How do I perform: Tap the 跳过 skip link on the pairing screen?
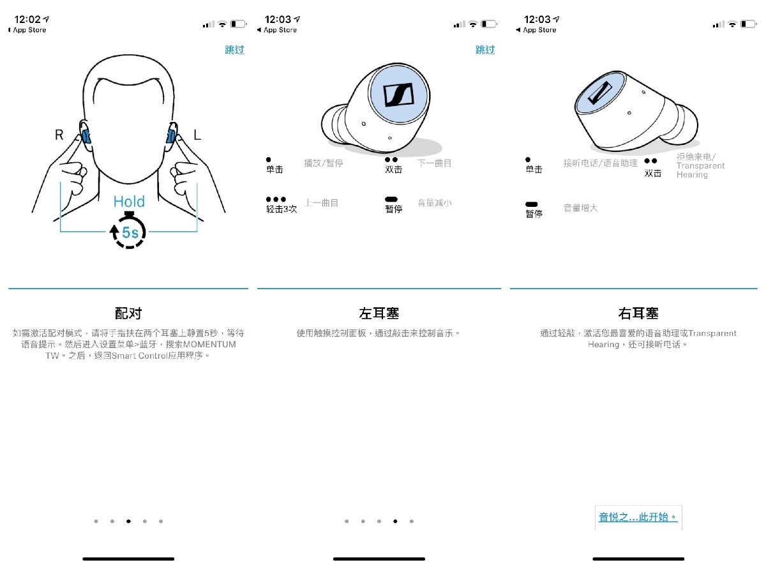pos(234,50)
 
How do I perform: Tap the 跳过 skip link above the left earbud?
pos(485,50)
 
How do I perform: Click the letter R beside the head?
pos(59,135)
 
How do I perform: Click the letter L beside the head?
pos(197,135)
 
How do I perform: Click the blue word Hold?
pos(129,201)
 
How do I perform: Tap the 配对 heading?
pos(128,313)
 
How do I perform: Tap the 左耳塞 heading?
pos(379,313)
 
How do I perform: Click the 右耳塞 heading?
pos(638,313)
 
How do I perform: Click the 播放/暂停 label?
pos(324,163)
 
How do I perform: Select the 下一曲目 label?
pos(434,163)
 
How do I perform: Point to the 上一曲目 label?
pos(322,203)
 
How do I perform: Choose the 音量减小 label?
pos(435,203)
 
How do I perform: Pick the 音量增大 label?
pos(581,208)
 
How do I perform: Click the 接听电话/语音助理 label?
pos(600,163)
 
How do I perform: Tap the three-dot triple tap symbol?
pos(276,199)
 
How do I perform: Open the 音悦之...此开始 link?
pos(638,517)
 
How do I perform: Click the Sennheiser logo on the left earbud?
pos(398,94)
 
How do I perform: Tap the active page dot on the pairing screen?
pos(128,521)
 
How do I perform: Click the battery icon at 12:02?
pos(238,24)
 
